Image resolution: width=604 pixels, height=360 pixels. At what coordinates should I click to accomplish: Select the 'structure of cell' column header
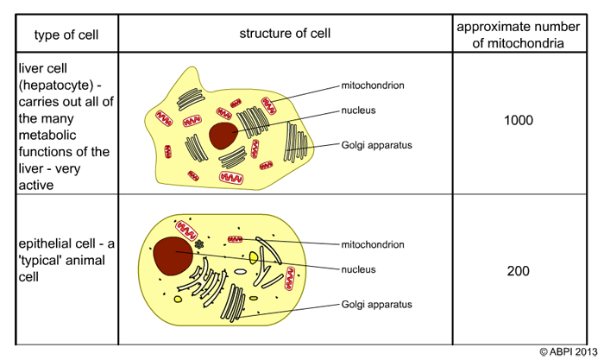click(286, 34)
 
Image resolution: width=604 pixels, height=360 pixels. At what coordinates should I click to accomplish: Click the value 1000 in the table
click(518, 120)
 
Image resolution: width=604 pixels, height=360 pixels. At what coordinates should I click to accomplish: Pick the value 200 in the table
click(518, 271)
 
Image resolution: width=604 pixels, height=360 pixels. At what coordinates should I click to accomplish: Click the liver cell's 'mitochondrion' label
click(373, 85)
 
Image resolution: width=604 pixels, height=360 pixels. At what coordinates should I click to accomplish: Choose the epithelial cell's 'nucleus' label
click(358, 269)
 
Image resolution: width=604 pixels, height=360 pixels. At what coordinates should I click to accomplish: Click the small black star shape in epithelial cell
click(200, 244)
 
